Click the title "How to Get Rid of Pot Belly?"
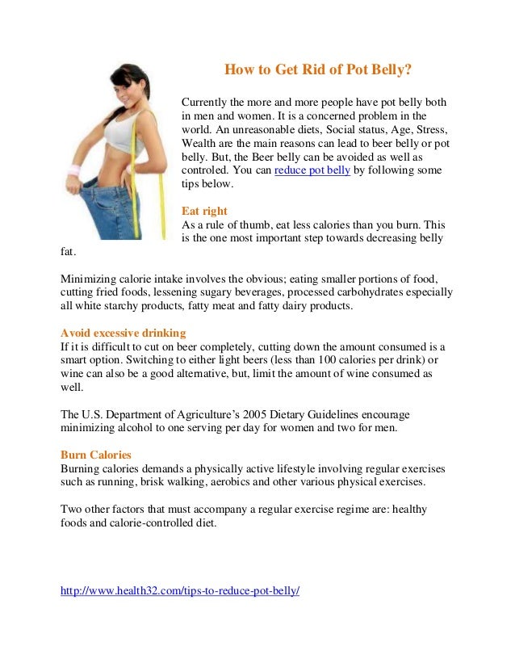tap(318, 70)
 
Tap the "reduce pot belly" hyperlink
tap(312, 170)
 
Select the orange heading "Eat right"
tap(204, 211)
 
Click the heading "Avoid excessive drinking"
tap(124, 333)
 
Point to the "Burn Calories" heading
tap(96, 455)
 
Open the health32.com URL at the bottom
tap(180, 590)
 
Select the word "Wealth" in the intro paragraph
tap(199, 144)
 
